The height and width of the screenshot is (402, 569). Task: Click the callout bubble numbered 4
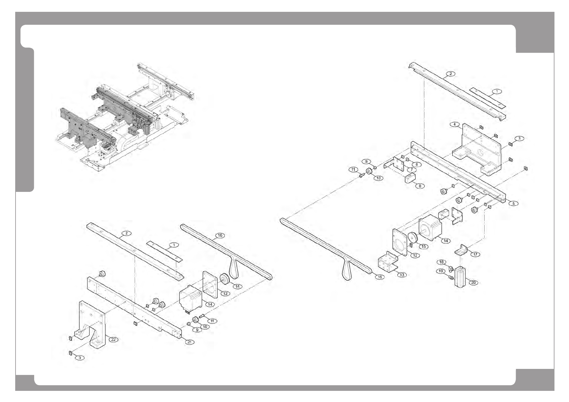(455, 124)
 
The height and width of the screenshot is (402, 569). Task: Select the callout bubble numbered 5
(513, 203)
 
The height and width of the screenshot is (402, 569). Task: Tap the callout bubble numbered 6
(416, 165)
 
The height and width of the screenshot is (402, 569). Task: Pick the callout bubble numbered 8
(420, 186)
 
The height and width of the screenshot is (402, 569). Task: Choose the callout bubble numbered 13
(402, 275)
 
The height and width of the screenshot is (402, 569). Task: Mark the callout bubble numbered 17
(475, 254)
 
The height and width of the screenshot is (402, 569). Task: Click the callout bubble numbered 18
(441, 262)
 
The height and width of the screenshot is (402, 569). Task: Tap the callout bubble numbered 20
(473, 283)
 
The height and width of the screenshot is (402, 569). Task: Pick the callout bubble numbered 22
(114, 340)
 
